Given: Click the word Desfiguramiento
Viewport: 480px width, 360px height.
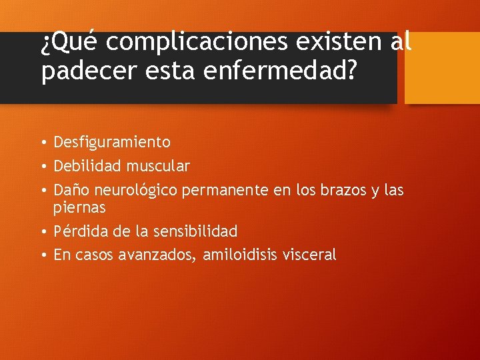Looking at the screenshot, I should pos(111,142).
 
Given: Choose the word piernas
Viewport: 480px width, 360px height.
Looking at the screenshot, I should pos(79,207).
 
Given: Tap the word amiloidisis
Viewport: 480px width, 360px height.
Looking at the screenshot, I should pos(249,255).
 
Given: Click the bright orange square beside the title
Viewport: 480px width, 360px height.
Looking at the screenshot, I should pos(442,67).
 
